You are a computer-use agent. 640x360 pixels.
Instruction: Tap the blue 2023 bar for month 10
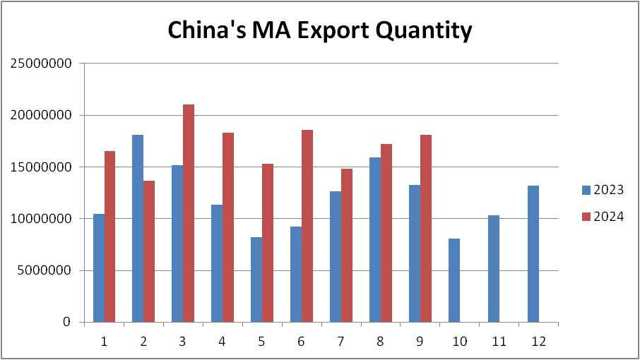[454, 280]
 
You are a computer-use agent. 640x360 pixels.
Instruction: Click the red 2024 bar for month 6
[307, 226]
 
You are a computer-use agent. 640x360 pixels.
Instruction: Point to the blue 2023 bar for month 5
[256, 280]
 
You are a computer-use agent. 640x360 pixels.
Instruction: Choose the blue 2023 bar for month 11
[494, 268]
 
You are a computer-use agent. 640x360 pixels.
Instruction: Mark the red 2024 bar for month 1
[109, 236]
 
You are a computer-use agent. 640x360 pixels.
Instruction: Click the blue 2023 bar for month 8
[375, 239]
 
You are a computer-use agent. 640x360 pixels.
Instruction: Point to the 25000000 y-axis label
[41, 64]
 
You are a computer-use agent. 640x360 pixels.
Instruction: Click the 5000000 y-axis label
[44, 270]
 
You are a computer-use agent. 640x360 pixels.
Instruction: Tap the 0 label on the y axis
[67, 323]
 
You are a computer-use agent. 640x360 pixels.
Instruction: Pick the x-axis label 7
[341, 342]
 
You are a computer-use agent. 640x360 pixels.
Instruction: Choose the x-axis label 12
[538, 342]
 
